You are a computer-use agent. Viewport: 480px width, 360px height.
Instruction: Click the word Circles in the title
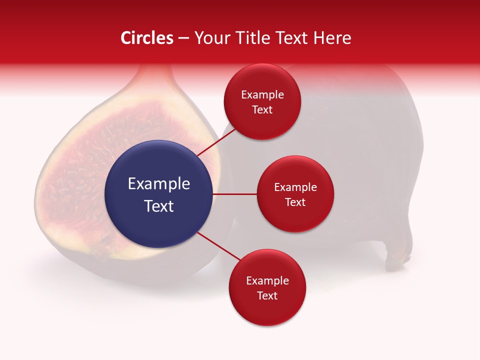[x=147, y=38]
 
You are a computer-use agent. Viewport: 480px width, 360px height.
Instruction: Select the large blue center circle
[x=158, y=194]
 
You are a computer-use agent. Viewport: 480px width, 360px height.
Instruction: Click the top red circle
[x=262, y=101]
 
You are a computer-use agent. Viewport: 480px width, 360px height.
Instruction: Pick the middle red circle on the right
[x=295, y=194]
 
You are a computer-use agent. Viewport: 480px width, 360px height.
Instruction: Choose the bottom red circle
[x=267, y=287]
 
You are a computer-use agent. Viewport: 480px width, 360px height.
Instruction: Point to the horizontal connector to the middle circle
[x=234, y=194]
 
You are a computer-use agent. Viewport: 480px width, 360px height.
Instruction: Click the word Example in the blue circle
[x=158, y=184]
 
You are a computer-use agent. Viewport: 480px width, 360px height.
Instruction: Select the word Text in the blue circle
[x=158, y=206]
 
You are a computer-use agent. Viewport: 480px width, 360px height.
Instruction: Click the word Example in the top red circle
[x=262, y=95]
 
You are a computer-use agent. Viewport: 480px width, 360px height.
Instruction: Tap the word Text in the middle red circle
[x=295, y=202]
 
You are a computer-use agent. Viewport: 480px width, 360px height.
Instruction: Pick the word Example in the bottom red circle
[x=267, y=281]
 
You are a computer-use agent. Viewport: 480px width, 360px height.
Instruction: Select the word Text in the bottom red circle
[x=267, y=295]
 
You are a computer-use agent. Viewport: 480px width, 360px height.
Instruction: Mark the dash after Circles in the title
[x=183, y=38]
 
